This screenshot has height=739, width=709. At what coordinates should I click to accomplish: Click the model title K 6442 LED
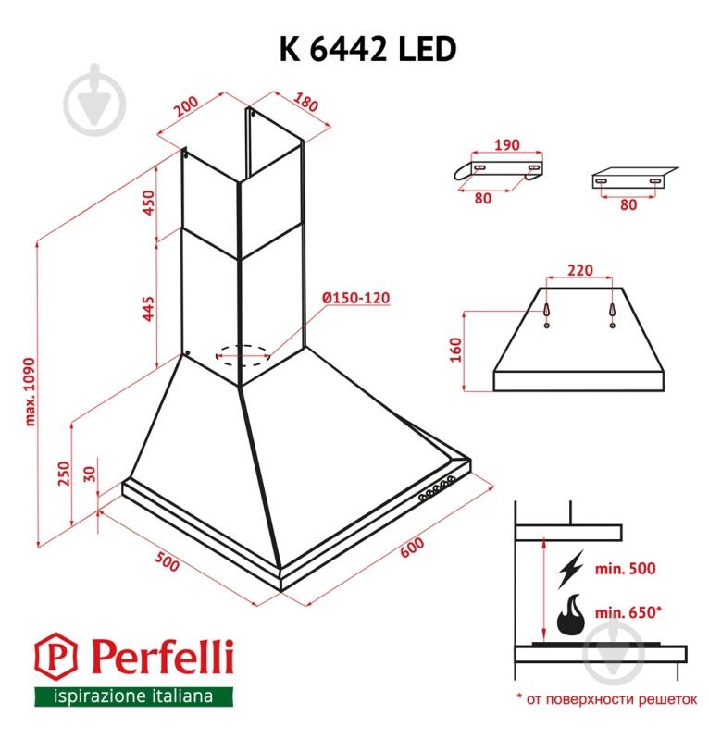pyautogui.click(x=367, y=48)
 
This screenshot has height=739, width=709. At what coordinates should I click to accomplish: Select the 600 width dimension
pyautogui.click(x=413, y=547)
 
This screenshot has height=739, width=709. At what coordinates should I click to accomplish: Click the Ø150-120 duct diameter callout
pyautogui.click(x=356, y=298)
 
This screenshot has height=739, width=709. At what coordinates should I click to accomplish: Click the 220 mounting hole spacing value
pyautogui.click(x=579, y=270)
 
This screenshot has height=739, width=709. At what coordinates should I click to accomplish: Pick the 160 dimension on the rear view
pyautogui.click(x=454, y=351)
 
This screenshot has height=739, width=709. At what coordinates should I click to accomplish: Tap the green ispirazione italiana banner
pyautogui.click(x=133, y=695)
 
